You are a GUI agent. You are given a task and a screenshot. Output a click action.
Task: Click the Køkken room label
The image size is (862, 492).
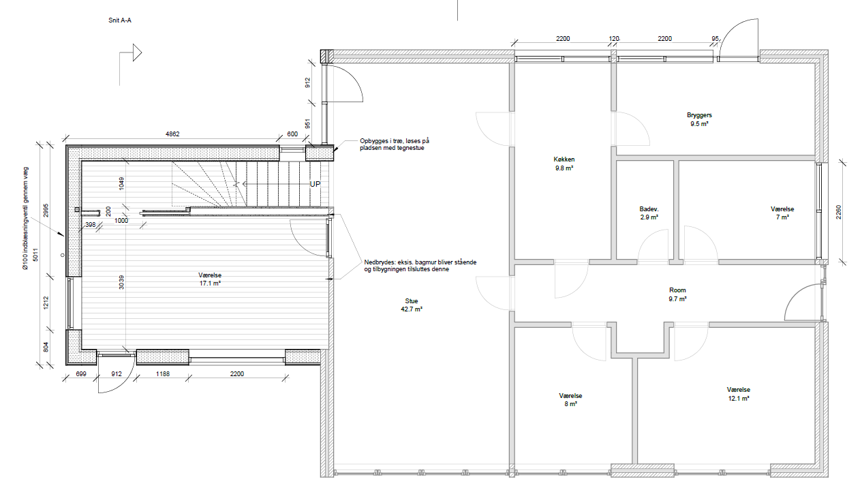(x=564, y=164)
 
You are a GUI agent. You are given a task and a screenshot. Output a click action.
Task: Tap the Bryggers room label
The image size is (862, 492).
(x=699, y=119)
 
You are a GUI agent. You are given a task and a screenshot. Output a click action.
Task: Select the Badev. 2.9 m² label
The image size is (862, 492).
(x=649, y=213)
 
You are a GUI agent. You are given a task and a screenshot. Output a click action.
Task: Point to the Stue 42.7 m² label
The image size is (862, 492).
(x=412, y=305)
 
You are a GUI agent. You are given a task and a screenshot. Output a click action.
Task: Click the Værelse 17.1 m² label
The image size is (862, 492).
(x=210, y=279)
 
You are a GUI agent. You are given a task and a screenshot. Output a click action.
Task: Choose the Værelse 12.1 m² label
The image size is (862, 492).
(x=739, y=394)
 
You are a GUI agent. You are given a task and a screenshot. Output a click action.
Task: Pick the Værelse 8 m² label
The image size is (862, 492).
(x=570, y=399)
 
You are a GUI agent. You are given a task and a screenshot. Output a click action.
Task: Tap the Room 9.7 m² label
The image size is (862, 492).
(x=677, y=294)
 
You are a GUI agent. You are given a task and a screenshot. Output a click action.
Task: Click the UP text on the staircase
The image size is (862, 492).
(x=315, y=184)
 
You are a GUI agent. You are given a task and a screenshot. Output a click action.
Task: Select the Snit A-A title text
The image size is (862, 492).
(x=120, y=20)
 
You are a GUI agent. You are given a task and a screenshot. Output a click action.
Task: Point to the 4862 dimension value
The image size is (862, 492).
(x=172, y=134)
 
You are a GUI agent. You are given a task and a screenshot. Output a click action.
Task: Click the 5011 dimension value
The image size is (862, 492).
(x=36, y=254)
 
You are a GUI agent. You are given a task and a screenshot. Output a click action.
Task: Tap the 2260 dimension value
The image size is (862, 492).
(x=839, y=212)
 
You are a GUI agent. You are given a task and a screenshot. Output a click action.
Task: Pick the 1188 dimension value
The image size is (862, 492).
(x=162, y=374)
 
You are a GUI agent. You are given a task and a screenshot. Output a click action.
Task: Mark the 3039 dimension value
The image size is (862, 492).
(x=121, y=282)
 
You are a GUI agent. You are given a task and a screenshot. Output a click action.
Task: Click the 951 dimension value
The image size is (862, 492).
(x=307, y=123)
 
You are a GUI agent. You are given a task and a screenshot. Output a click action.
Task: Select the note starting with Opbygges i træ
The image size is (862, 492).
(x=395, y=144)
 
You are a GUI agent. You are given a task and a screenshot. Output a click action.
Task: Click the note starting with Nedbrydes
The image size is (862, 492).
(x=420, y=266)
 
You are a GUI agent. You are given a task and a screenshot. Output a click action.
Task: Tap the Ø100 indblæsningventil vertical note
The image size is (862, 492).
(x=26, y=218)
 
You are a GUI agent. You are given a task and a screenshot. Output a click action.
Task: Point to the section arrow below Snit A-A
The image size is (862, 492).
(x=130, y=52)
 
